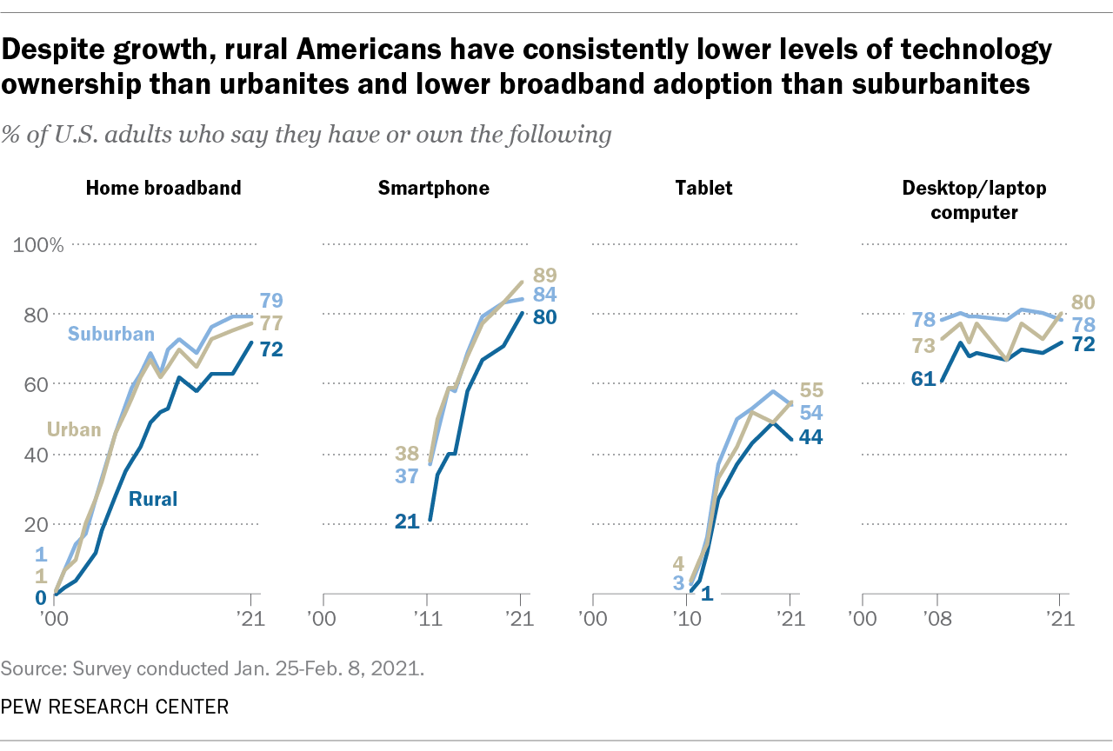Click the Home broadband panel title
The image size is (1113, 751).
(163, 188)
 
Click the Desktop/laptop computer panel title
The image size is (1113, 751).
(974, 198)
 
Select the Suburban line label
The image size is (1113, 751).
(110, 335)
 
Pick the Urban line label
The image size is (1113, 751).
(74, 429)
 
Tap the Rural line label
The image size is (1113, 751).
(153, 499)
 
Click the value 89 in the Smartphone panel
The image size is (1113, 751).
(545, 275)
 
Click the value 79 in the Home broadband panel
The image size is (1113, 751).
(271, 301)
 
